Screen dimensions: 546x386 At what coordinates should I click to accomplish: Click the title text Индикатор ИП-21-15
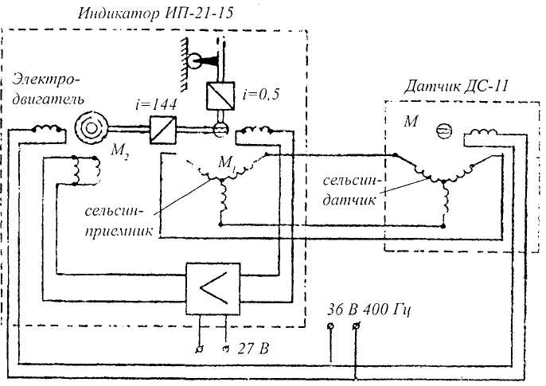[155, 14]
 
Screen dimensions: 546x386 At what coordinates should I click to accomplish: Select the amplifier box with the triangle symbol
[213, 289]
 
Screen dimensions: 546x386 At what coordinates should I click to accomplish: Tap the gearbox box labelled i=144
[163, 130]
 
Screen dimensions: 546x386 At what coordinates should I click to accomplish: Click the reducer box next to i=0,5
[220, 96]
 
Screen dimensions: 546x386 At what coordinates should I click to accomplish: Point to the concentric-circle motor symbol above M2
[92, 128]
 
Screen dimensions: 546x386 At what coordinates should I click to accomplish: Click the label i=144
[156, 104]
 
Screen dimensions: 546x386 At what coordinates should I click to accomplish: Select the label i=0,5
[261, 94]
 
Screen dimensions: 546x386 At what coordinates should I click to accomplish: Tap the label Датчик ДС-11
[456, 86]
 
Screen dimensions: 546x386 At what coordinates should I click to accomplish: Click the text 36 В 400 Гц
[369, 310]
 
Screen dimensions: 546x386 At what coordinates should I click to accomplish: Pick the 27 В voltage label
[253, 348]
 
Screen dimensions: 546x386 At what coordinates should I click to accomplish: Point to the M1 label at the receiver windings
[228, 162]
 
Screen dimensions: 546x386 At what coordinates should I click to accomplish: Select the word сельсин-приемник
[119, 221]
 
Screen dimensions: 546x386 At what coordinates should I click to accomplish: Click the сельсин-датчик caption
[353, 190]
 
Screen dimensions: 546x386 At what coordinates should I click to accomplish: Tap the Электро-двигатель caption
[48, 89]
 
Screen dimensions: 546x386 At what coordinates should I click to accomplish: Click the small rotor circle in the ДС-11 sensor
[444, 131]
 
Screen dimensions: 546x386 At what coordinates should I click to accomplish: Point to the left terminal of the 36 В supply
[330, 326]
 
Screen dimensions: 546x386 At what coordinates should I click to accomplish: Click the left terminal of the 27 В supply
[200, 349]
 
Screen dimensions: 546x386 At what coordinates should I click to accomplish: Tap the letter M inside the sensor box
[411, 121]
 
